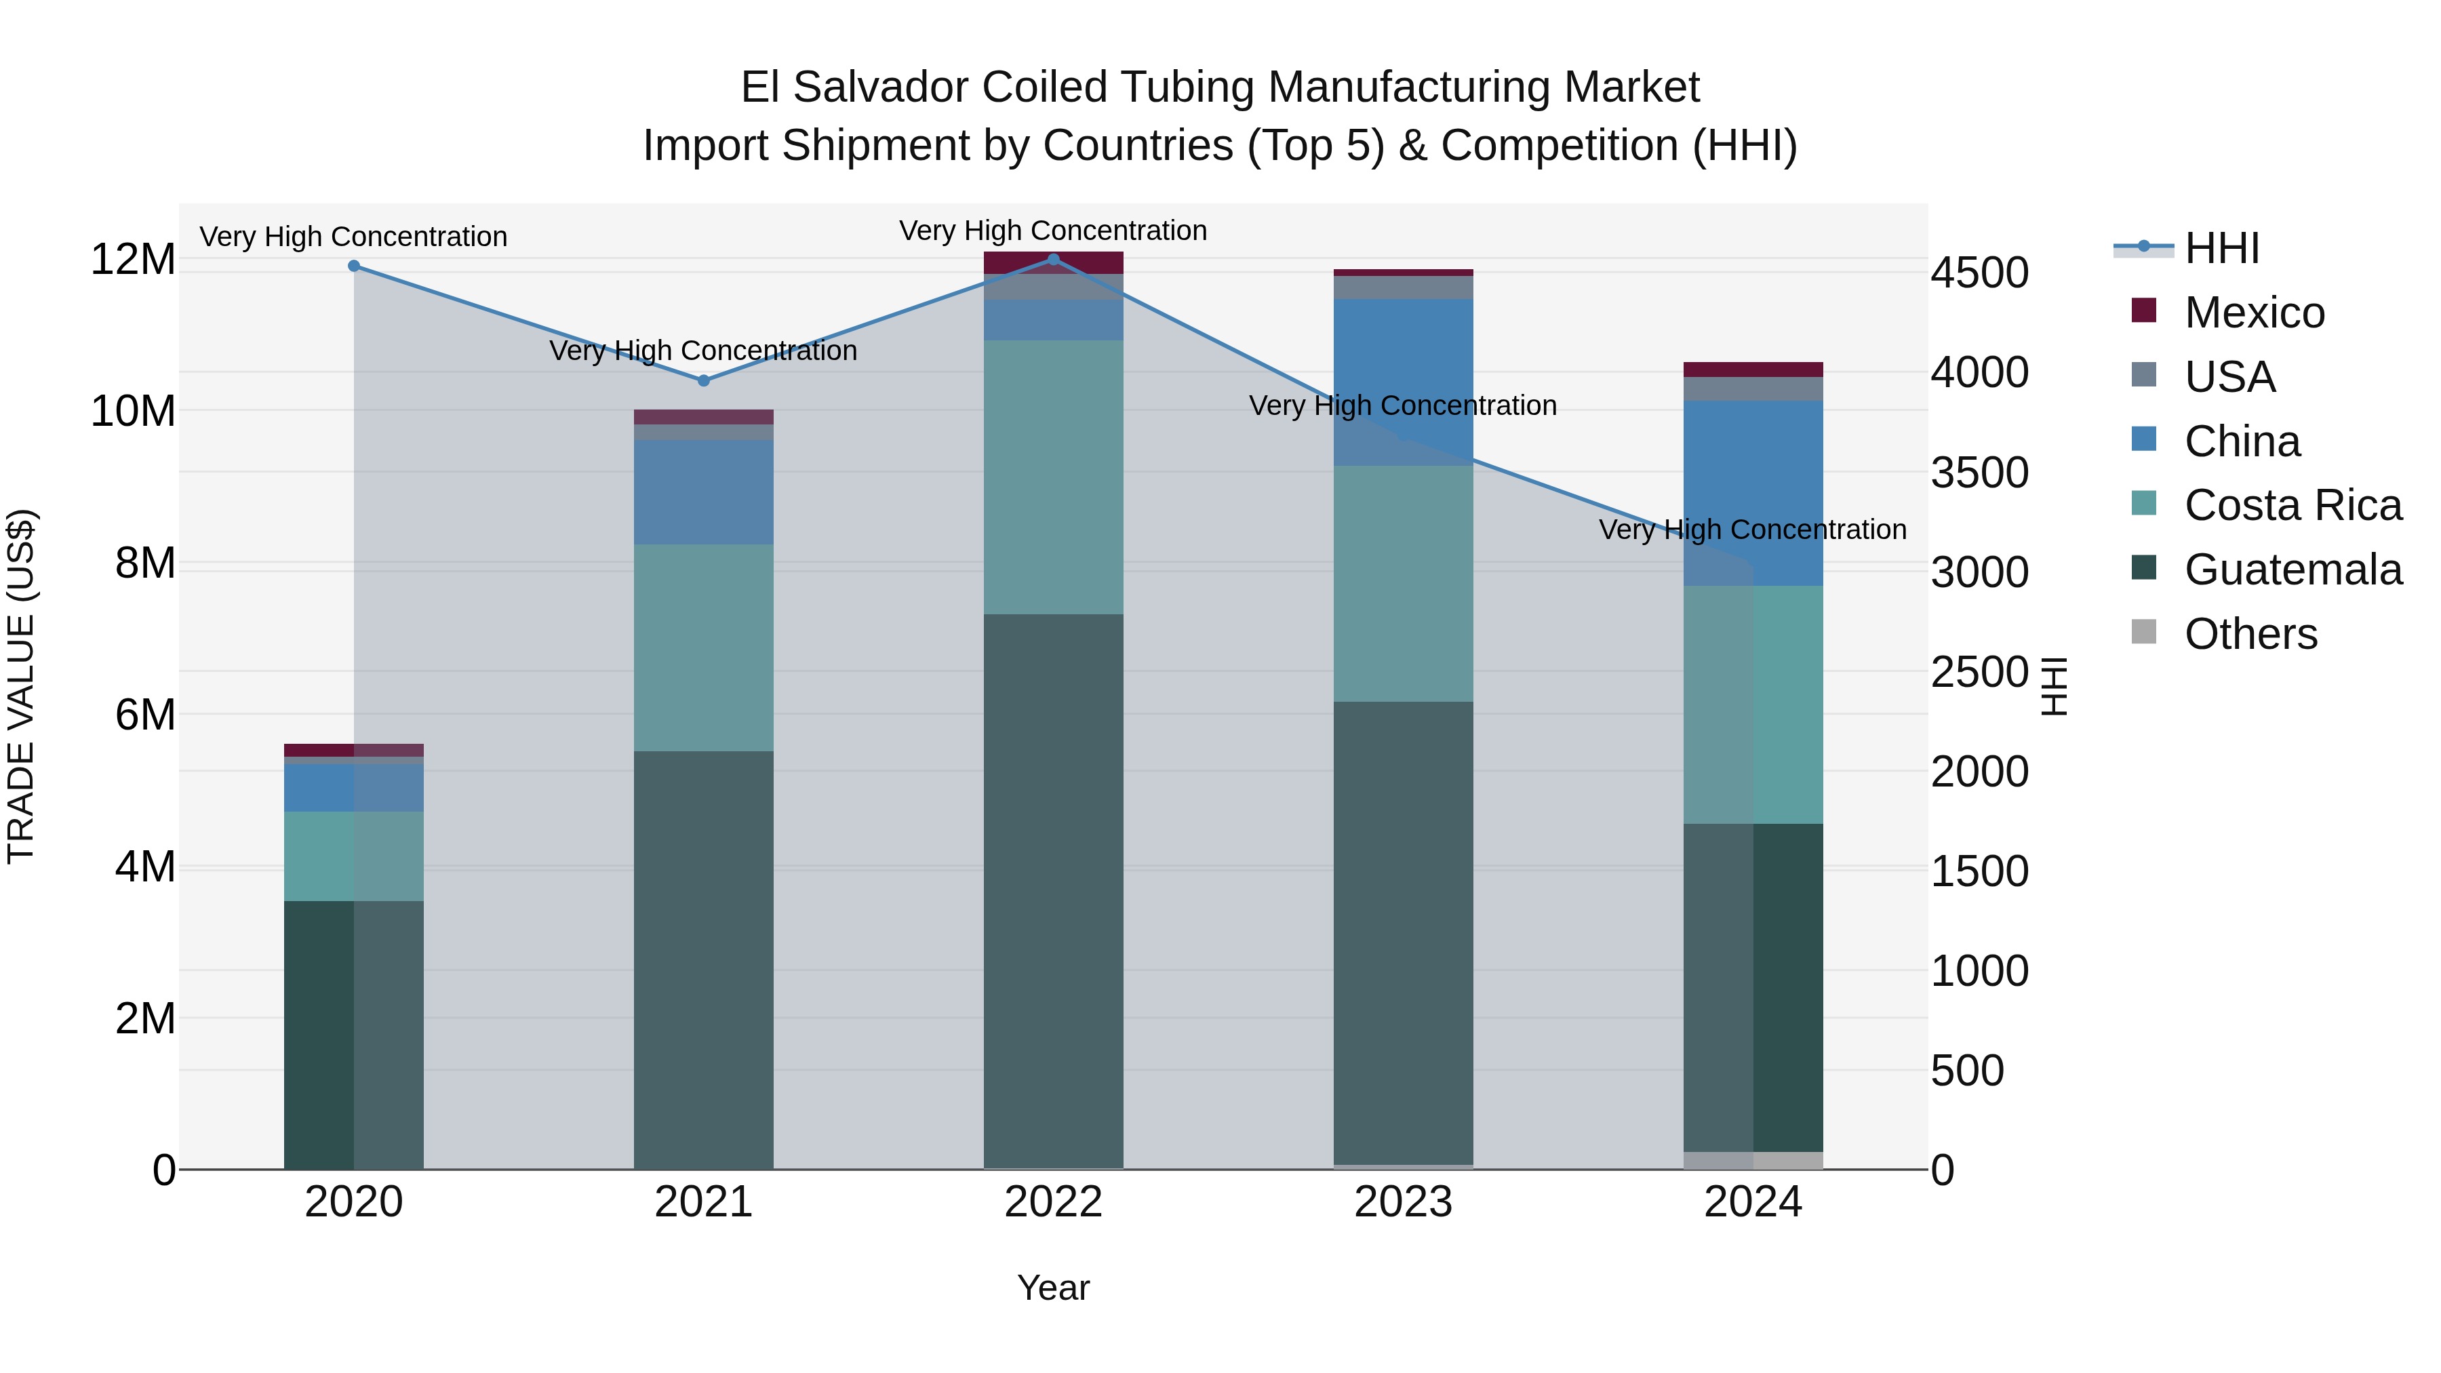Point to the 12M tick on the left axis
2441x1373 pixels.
pos(133,260)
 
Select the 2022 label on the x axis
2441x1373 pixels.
pos(1053,1202)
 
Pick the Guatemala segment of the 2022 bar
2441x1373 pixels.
pos(1053,891)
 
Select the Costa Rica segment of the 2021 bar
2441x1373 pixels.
pos(703,648)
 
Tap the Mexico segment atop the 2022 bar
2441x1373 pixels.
pos(1053,262)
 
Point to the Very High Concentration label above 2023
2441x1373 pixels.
pos(1402,405)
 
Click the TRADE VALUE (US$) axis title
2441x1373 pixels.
pos(21,686)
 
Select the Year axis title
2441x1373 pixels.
pos(1053,1288)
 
